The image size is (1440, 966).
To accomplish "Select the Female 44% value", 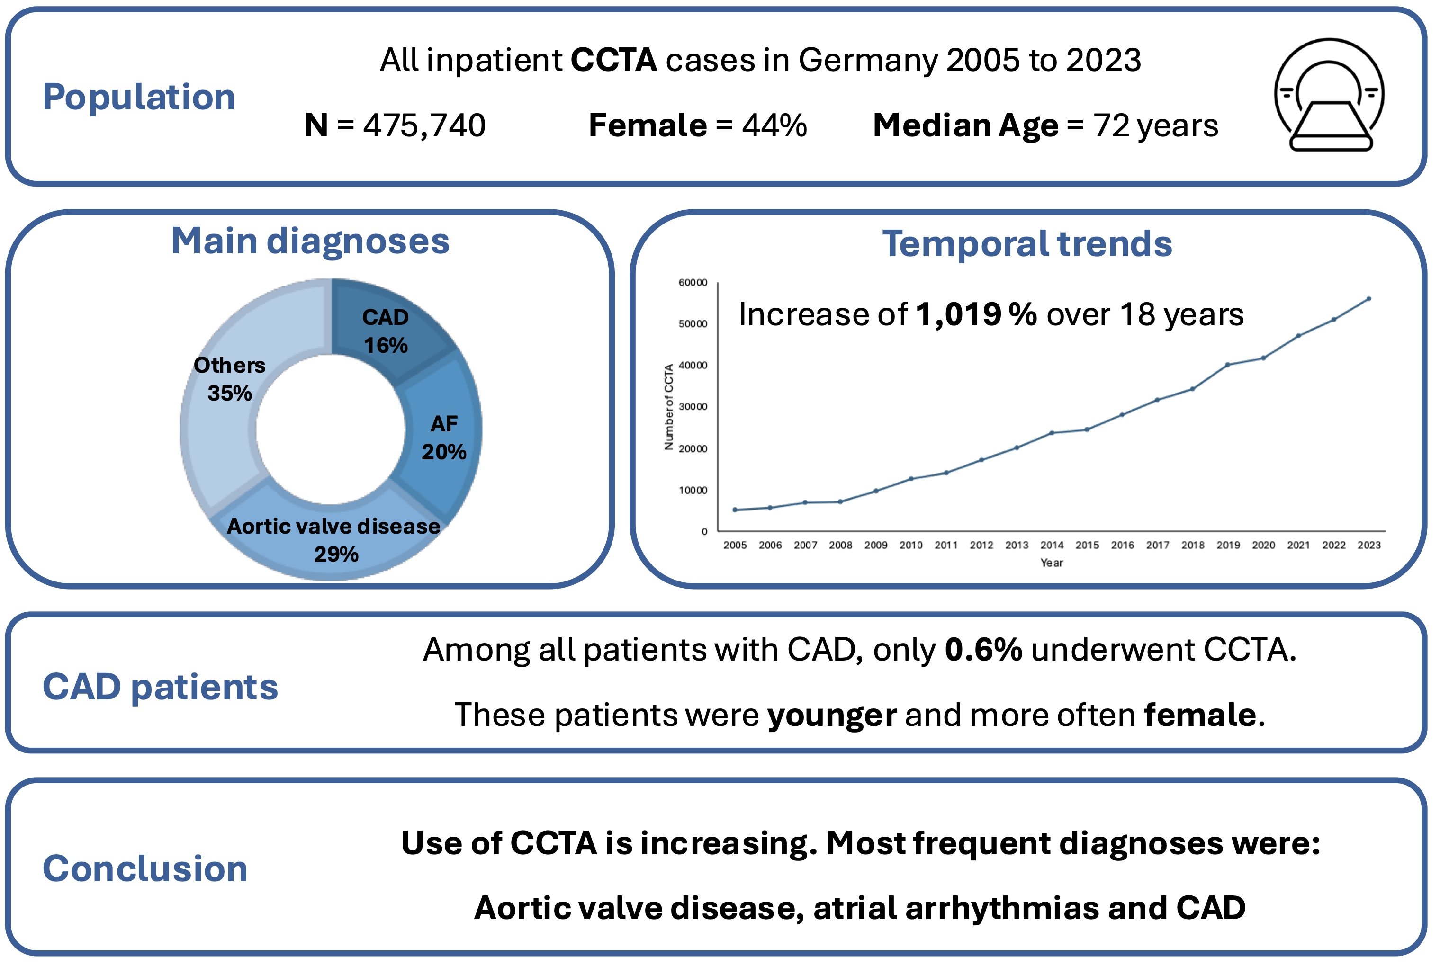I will (x=774, y=125).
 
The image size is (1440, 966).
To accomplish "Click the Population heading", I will (x=139, y=98).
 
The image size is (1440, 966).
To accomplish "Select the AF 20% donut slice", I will (x=444, y=438).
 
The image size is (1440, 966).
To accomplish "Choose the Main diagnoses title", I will (x=310, y=241).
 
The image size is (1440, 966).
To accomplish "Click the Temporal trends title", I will (x=1026, y=244).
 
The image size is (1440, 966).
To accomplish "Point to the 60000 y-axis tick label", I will (x=692, y=283).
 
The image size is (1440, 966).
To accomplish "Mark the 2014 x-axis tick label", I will (x=1052, y=545).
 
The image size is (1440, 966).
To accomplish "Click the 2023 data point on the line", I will (x=1368, y=299).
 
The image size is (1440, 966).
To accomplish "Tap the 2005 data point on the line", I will (x=735, y=510).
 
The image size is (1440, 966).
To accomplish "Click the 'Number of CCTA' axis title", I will (x=668, y=407).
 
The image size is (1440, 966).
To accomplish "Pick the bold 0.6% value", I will (x=983, y=650).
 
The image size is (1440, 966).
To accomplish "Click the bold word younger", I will (x=831, y=715).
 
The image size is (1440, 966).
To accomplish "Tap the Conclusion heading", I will (x=145, y=868).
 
